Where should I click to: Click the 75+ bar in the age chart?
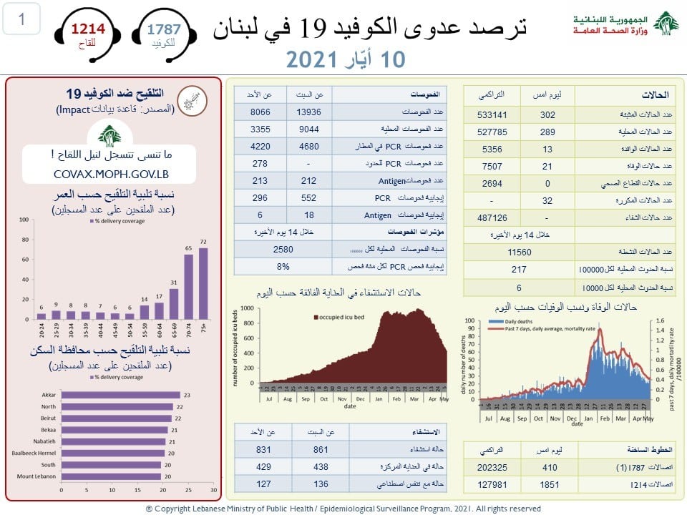pos(203,283)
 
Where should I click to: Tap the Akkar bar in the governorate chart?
pos(120,395)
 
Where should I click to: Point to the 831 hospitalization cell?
pos(264,451)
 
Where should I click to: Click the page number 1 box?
pos(21,20)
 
